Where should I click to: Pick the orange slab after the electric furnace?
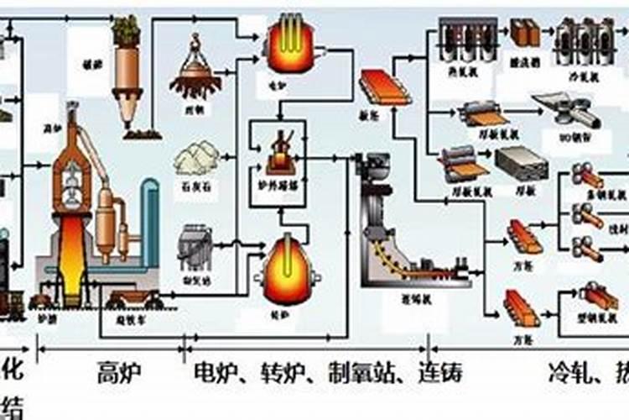click(x=381, y=87)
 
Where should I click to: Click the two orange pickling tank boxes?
click(x=524, y=33)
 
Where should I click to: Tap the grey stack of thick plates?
click(x=521, y=163)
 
